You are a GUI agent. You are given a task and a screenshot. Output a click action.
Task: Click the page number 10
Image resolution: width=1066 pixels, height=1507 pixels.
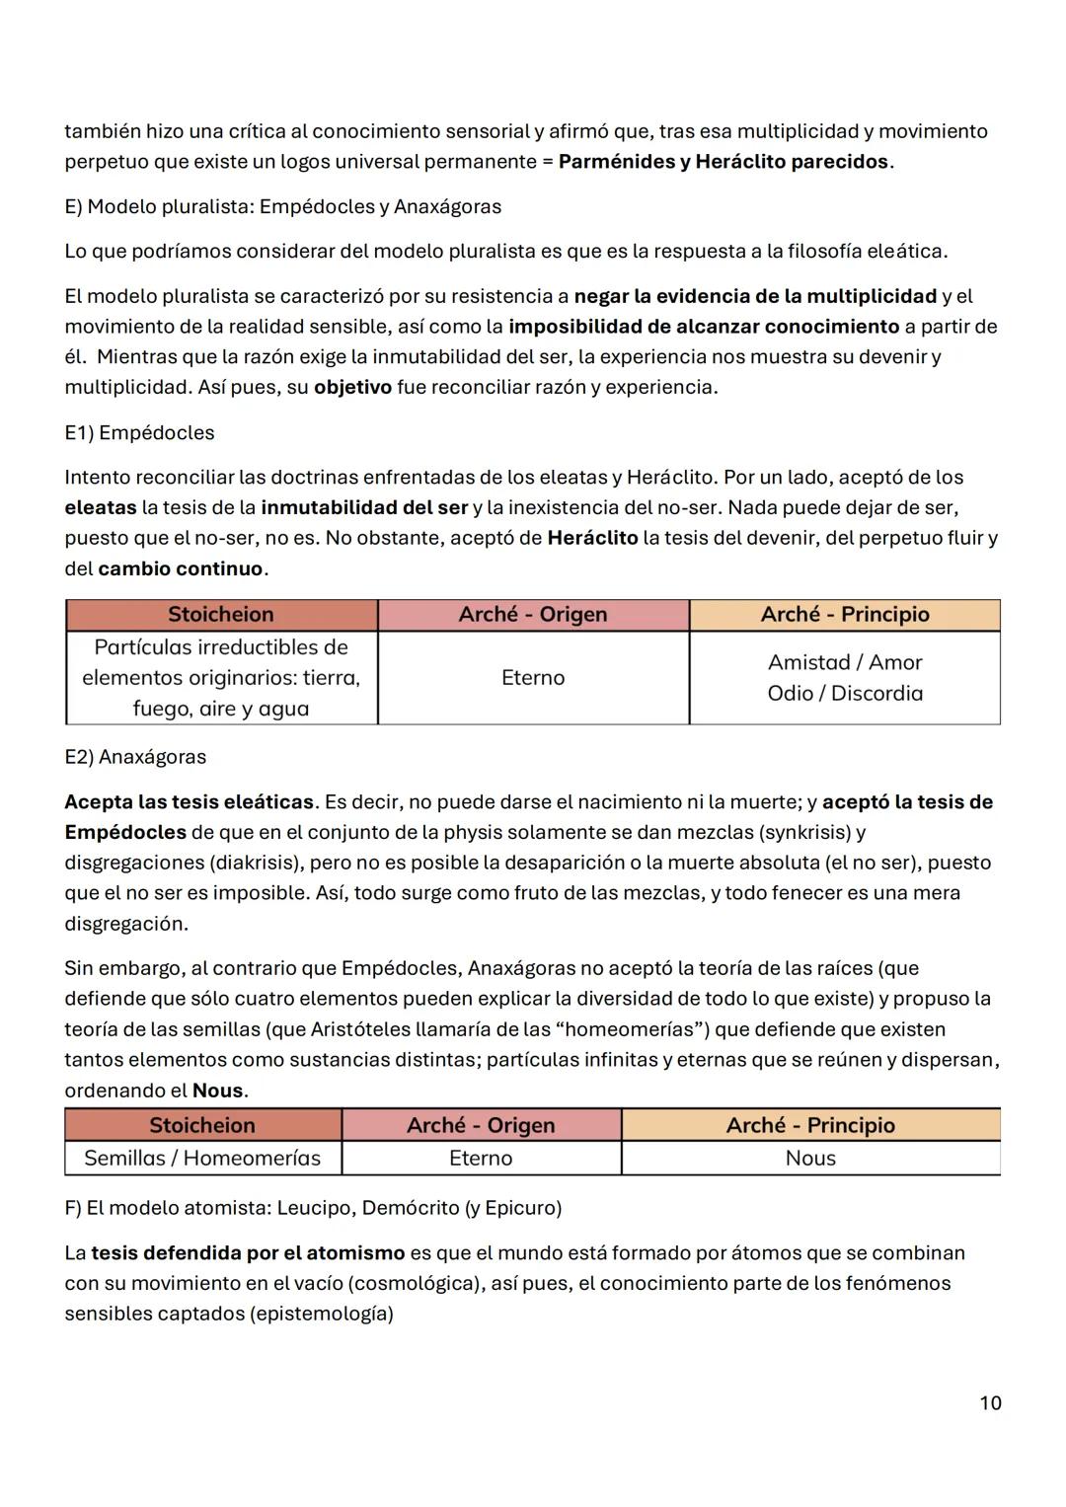click(990, 1402)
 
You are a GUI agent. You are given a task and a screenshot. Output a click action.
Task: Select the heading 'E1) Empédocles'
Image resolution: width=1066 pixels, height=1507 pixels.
click(139, 432)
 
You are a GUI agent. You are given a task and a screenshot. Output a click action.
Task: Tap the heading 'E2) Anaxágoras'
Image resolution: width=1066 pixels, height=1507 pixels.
click(135, 757)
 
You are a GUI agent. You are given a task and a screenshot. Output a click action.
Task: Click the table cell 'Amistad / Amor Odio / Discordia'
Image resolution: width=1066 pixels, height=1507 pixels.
click(845, 677)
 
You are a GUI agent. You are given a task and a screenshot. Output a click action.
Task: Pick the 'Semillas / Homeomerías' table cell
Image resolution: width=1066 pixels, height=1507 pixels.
click(202, 1158)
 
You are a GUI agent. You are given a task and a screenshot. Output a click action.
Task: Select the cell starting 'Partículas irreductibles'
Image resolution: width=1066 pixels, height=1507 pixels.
click(221, 677)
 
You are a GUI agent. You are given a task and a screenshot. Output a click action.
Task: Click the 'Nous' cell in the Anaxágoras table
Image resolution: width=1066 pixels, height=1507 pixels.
click(810, 1158)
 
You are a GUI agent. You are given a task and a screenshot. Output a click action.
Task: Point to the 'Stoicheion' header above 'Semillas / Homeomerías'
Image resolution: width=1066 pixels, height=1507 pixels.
click(202, 1125)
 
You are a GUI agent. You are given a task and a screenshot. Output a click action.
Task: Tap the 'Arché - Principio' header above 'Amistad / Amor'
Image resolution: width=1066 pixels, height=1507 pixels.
click(845, 614)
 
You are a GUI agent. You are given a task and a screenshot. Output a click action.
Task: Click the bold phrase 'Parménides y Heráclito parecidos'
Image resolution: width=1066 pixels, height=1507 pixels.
click(723, 162)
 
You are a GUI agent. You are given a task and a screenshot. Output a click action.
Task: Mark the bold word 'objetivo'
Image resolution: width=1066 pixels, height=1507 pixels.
click(352, 387)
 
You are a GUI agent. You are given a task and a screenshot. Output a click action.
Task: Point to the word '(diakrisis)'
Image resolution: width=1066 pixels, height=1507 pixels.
click(256, 863)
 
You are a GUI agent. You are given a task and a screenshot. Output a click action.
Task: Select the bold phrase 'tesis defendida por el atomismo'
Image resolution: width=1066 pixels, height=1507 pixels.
click(248, 1252)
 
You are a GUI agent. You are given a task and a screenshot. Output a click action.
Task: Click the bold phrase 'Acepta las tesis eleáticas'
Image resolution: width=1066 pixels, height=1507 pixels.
click(189, 801)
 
